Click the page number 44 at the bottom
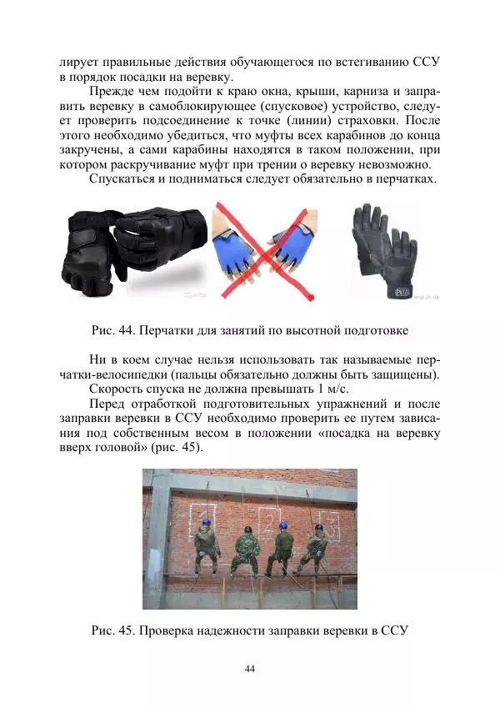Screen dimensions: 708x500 (249, 669)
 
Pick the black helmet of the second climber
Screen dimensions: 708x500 (247, 528)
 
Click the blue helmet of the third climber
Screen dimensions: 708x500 (283, 525)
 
